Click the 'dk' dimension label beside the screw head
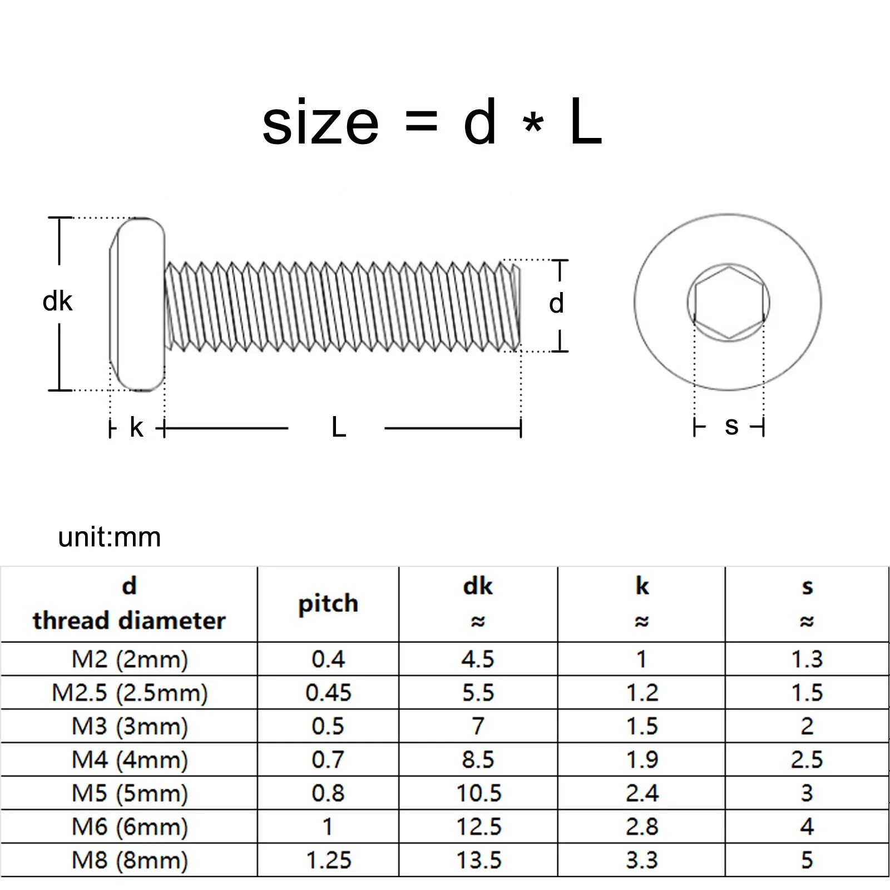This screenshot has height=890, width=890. tap(58, 301)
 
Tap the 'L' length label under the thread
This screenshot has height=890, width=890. tap(339, 427)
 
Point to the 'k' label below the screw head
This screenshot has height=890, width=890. tap(137, 427)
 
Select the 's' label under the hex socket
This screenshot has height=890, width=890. tap(731, 427)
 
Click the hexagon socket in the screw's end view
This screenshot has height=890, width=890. tap(729, 303)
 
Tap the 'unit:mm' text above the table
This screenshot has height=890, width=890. tap(110, 537)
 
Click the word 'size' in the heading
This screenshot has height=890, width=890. tap(320, 123)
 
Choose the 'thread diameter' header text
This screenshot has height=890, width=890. tap(129, 621)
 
